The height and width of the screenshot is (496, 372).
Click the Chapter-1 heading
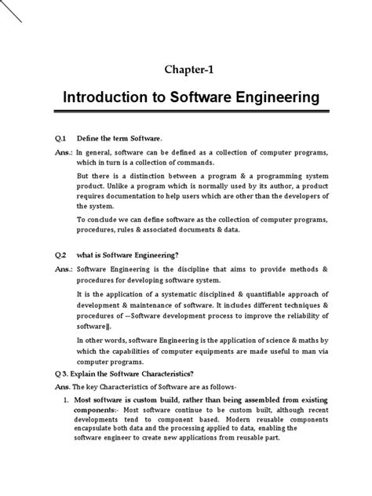tap(186, 68)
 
